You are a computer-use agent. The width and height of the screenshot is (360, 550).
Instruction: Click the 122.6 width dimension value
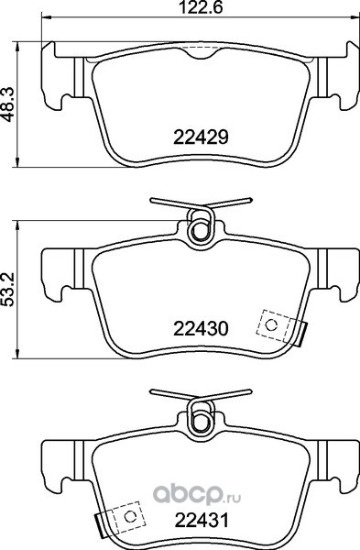point(202,7)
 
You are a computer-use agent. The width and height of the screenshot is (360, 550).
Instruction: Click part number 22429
point(201,137)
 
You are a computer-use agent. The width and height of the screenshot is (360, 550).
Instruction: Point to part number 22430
point(201,329)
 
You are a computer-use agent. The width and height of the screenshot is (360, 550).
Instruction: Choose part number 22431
point(202,520)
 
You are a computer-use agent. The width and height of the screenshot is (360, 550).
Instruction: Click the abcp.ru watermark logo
point(197,496)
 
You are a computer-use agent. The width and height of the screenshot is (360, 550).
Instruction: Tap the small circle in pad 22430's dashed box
point(271,325)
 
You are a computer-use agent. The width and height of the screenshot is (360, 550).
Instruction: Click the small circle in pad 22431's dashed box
point(130,516)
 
